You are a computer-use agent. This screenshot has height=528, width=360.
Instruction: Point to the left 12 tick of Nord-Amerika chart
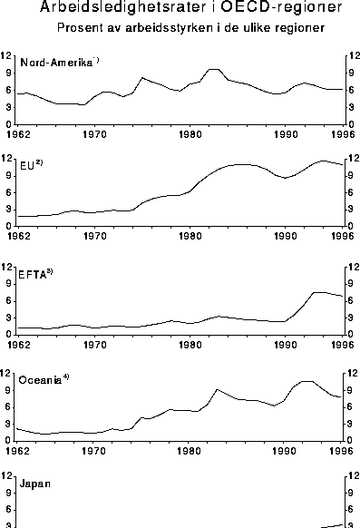pos(6,54)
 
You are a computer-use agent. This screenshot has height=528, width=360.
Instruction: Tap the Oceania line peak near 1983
pos(217,389)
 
